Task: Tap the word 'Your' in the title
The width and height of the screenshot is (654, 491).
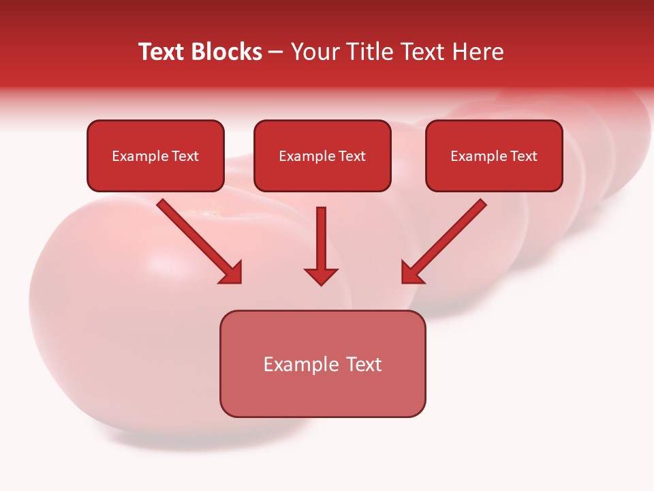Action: pos(317,52)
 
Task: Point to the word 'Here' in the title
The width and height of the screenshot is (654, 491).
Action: pos(477,52)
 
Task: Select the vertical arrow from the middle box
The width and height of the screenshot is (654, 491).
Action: pos(321,239)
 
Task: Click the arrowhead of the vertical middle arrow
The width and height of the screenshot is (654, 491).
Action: pos(321,276)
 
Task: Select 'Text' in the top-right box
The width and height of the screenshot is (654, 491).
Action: pos(524,156)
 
